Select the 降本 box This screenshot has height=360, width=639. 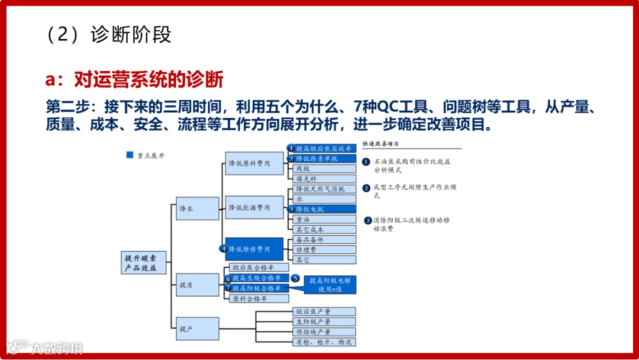(x=198, y=209)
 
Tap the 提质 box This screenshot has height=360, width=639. (x=198, y=285)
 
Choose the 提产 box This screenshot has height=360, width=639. (x=198, y=329)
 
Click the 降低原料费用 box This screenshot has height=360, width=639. (x=254, y=163)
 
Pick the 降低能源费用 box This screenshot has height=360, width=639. (x=254, y=207)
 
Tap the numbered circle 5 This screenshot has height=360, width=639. (x=295, y=278)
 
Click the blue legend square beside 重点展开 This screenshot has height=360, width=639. (x=130, y=155)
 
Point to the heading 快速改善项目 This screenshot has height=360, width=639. (x=381, y=144)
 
